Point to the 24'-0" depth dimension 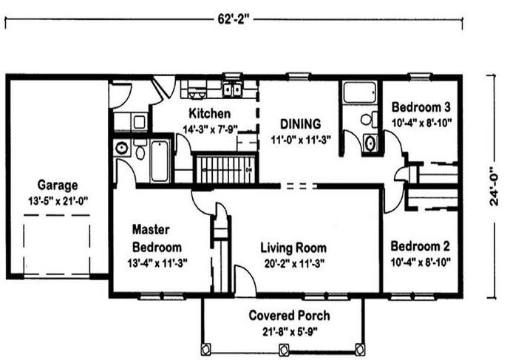494,186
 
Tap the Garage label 58,185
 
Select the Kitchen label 209,114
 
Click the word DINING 301,124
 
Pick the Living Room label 293,248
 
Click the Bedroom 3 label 421,107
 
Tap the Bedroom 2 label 421,246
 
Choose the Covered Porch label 289,316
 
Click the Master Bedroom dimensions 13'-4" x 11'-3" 157,263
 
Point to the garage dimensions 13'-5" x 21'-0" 58,201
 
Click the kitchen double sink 232,89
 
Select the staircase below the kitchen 225,169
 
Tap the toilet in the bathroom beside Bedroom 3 369,119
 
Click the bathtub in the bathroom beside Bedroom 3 360,92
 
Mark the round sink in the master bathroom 122,149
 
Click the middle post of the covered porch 284,349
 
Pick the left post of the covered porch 205,349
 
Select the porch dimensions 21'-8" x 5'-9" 290,332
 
